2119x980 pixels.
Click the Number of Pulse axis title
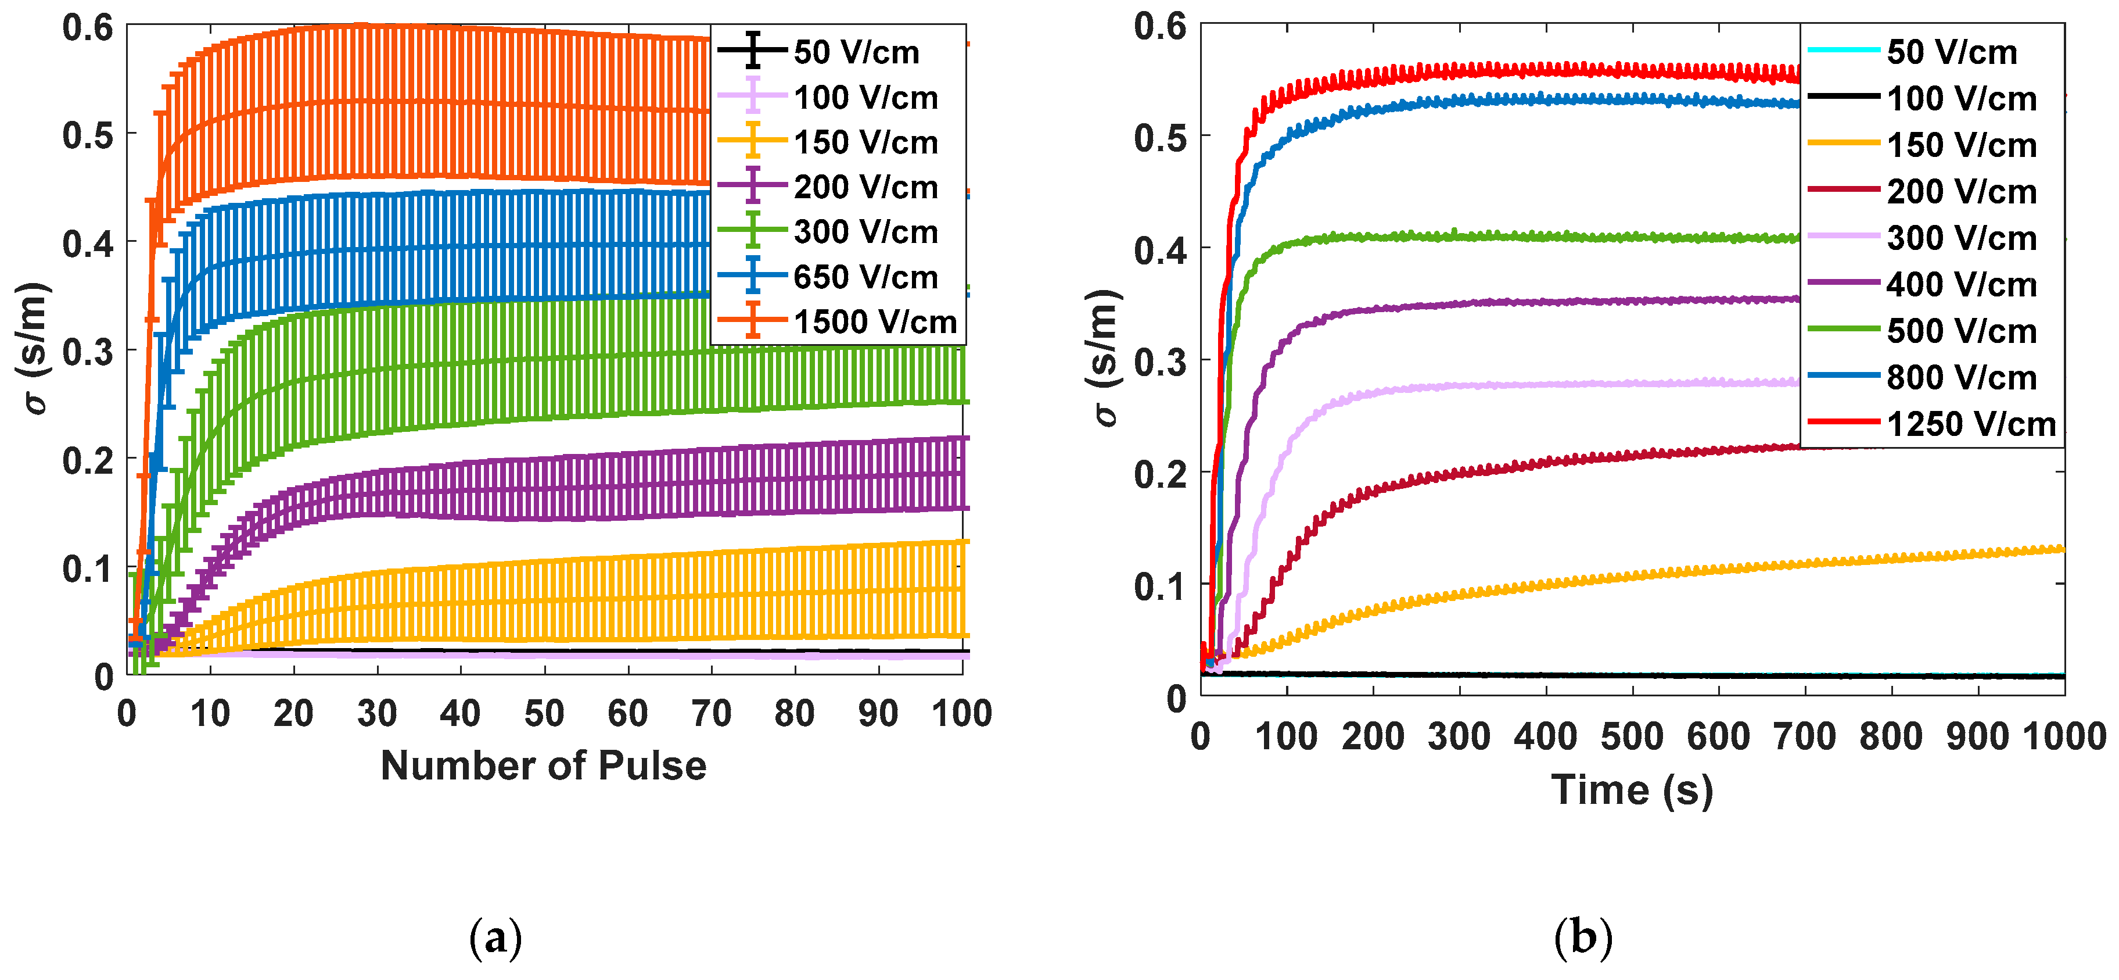543,766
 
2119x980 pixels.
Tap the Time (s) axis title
1632,790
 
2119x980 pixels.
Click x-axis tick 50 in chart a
544,713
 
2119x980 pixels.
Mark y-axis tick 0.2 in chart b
1160,474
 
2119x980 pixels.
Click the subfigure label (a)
495,938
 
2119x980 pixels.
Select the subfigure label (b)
1583,938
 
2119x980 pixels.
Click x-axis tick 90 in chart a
878,713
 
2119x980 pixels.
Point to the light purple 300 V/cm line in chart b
1563,384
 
